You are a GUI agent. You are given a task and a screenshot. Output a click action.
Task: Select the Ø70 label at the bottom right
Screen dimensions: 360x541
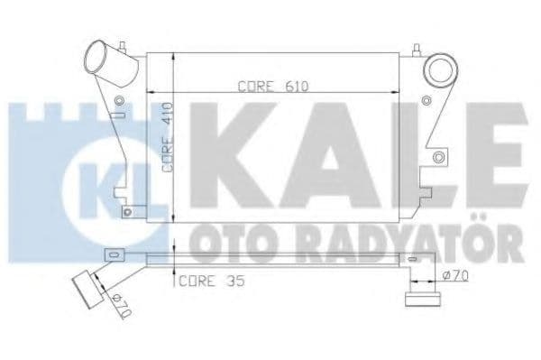(x=456, y=276)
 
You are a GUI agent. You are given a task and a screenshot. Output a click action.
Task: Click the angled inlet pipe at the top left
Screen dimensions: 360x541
(x=105, y=62)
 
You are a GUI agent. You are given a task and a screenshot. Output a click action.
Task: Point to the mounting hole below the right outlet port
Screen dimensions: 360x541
(x=438, y=158)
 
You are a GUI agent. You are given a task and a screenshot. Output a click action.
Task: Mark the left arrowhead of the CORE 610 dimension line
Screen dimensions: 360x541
(x=152, y=93)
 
